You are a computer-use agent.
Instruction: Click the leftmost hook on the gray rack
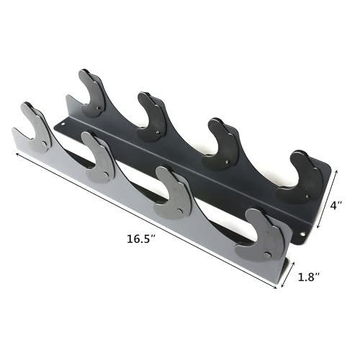[x=36, y=129]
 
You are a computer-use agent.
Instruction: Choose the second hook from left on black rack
[x=153, y=117]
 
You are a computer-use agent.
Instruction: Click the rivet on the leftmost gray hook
[x=46, y=144]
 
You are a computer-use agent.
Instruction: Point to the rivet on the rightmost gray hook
[x=269, y=256]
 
